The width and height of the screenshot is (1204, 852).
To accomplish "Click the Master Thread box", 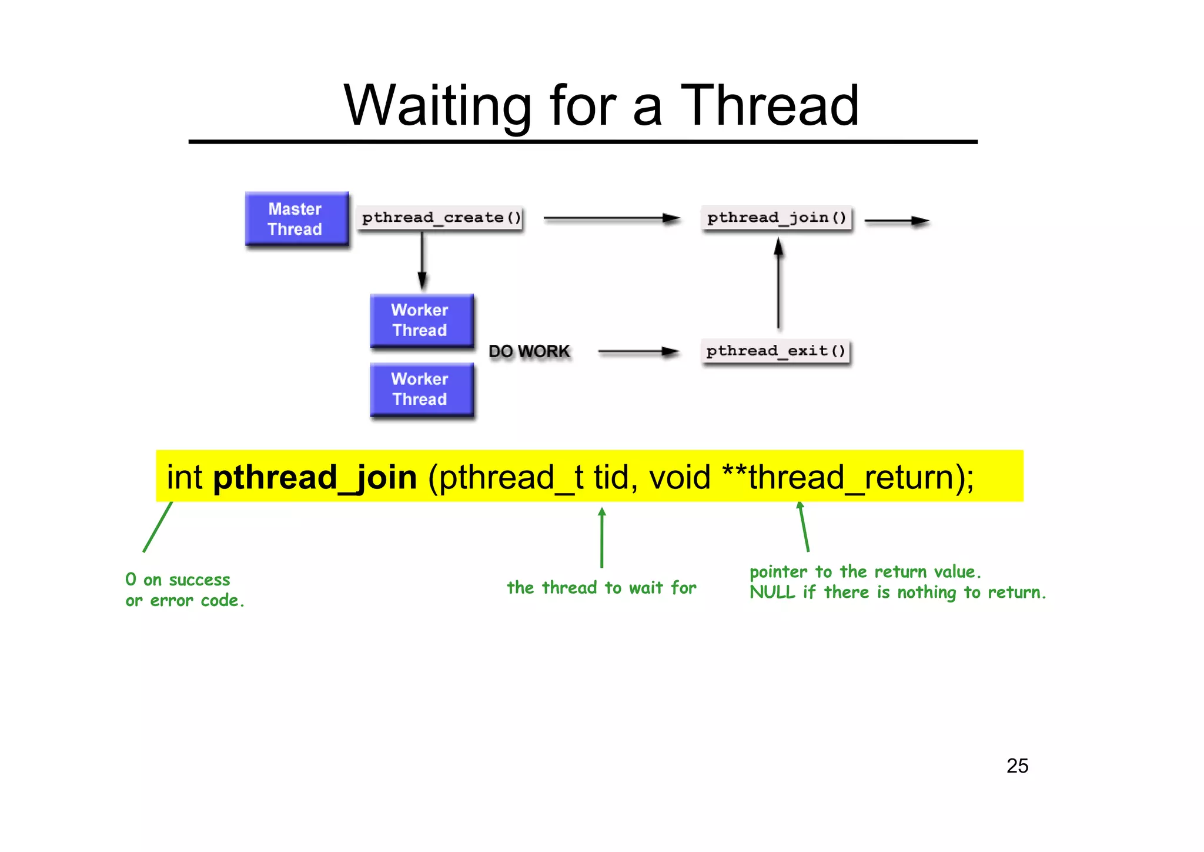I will click(296, 219).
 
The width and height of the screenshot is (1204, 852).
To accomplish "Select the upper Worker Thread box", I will click(421, 320).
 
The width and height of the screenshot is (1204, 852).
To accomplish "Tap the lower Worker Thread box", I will click(421, 389).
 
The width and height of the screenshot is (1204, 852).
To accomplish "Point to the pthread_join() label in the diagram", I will click(776, 218).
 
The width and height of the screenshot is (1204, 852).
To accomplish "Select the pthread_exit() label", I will click(775, 351).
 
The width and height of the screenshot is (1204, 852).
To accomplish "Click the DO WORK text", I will click(529, 351).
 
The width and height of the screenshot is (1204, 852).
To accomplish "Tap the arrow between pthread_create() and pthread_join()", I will click(611, 218).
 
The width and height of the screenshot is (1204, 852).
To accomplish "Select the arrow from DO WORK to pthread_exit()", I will click(638, 351).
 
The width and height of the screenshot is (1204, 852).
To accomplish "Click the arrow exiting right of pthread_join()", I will click(896, 221).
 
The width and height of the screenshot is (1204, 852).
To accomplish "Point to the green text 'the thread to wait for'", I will click(601, 587).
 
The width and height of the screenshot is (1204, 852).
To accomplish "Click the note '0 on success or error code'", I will click(184, 590).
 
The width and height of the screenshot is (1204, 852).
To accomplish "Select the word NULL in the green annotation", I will click(772, 592).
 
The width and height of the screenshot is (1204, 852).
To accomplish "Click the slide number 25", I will click(1017, 766).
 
